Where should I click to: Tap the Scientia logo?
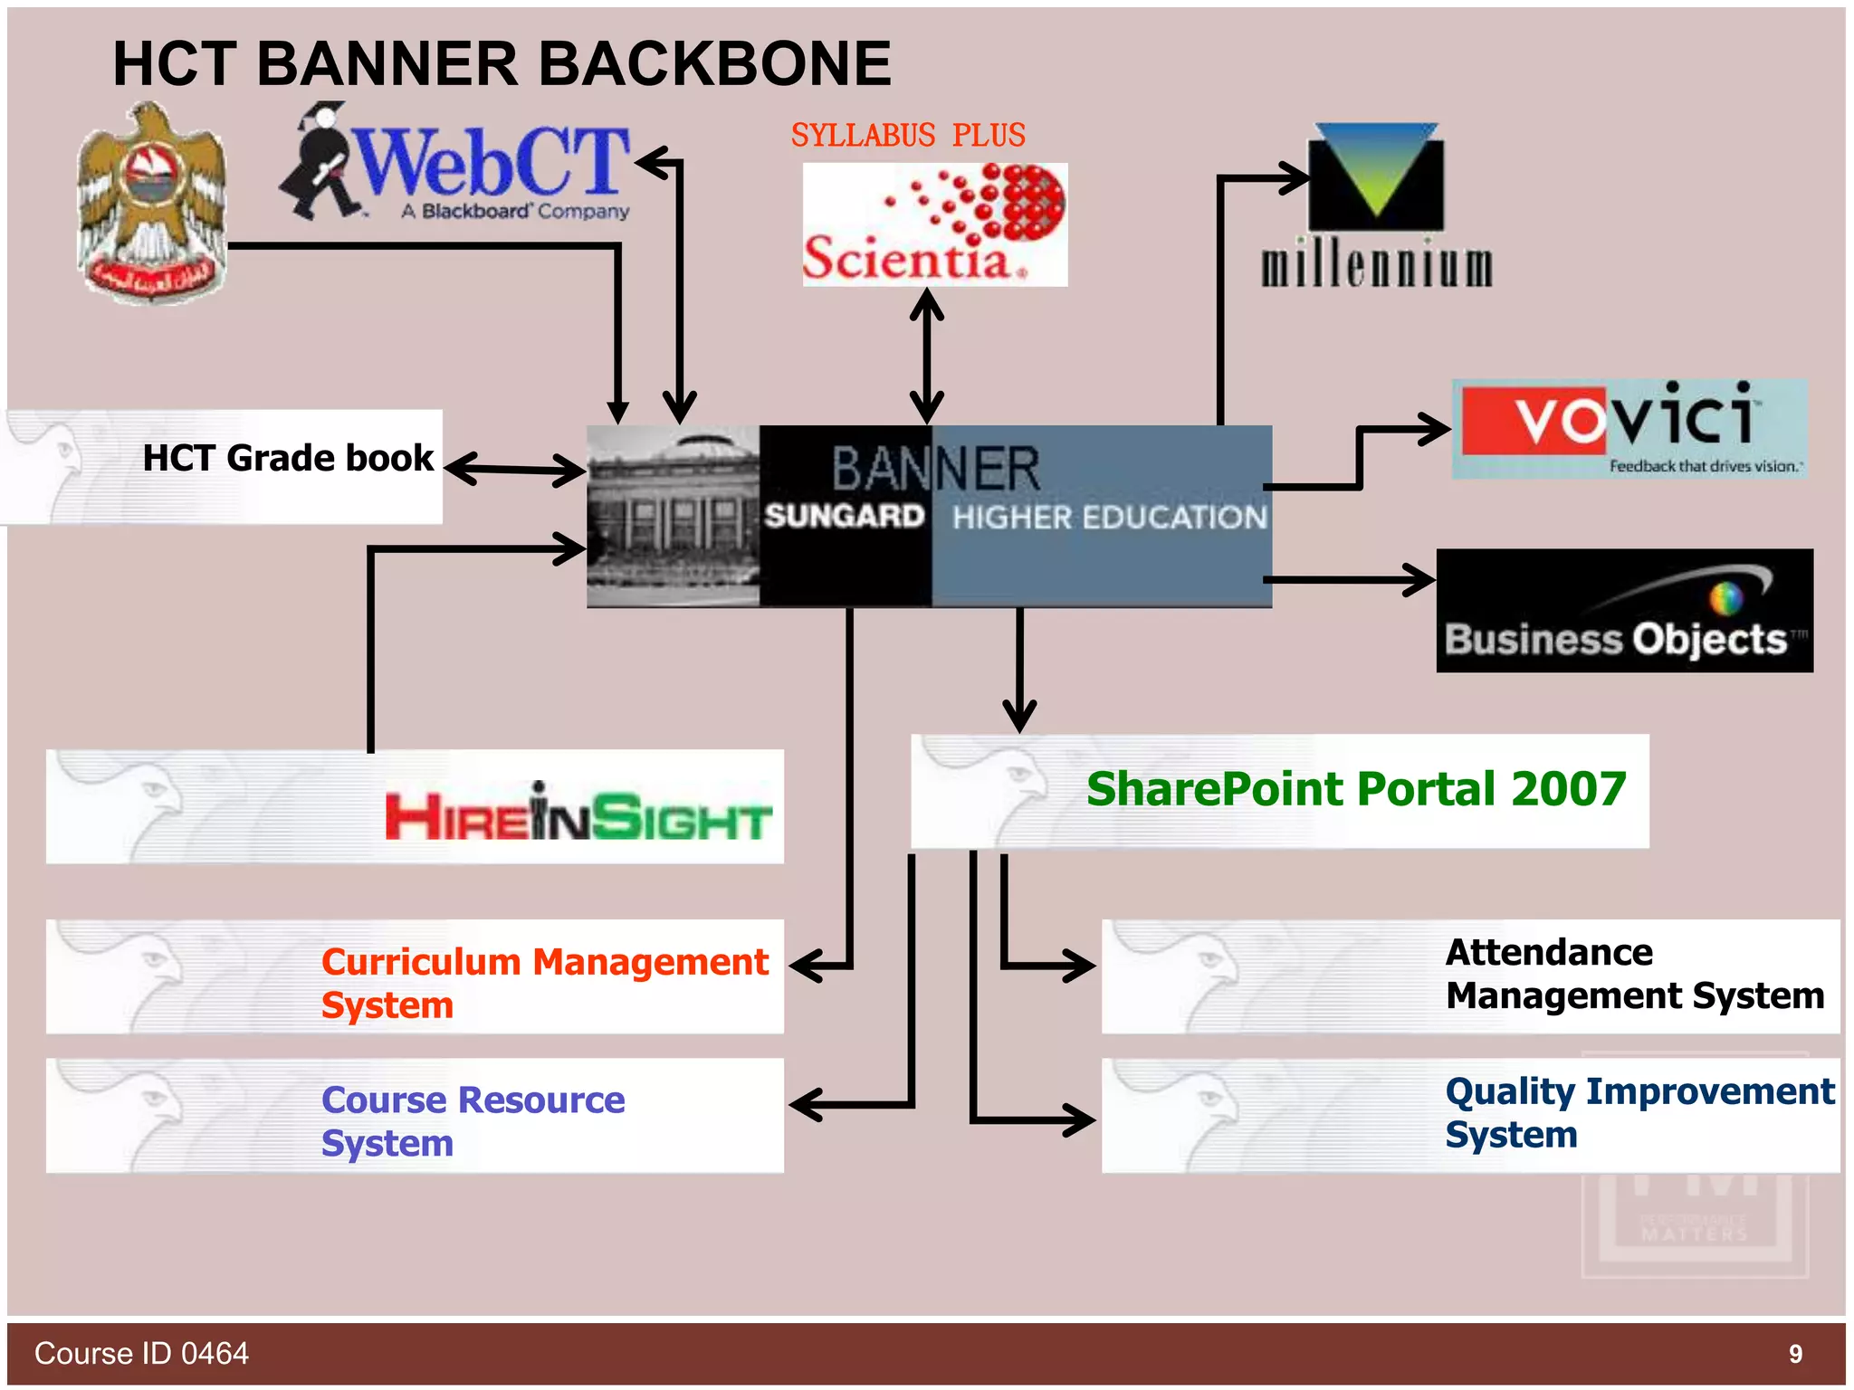(x=934, y=225)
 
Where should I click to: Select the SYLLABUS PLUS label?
(x=908, y=136)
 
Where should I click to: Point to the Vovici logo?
(x=1629, y=428)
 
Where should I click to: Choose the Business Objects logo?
(x=1624, y=611)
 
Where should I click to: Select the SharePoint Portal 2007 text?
(x=1355, y=789)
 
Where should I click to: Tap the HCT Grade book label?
(x=288, y=458)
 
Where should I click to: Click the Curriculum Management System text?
(x=543, y=982)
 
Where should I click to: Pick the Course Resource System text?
(x=473, y=1120)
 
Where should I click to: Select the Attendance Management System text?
(x=1634, y=974)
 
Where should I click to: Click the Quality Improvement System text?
(x=1639, y=1112)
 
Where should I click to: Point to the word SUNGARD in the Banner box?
(x=844, y=516)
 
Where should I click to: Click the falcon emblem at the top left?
(x=152, y=204)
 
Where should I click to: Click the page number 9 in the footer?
(x=1795, y=1354)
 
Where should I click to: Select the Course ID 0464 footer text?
(x=141, y=1354)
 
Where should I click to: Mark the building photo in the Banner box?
(x=673, y=516)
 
